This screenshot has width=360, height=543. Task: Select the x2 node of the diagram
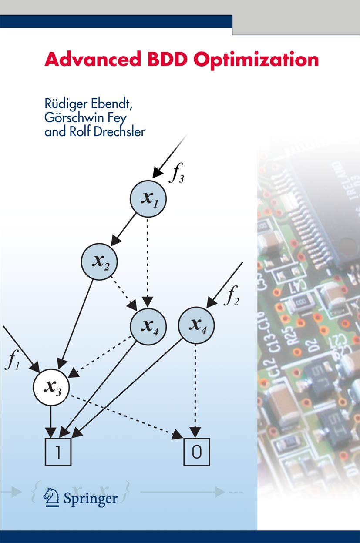click(x=99, y=261)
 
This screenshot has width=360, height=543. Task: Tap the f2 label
click(x=231, y=298)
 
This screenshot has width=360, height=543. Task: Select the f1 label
click(x=12, y=362)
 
